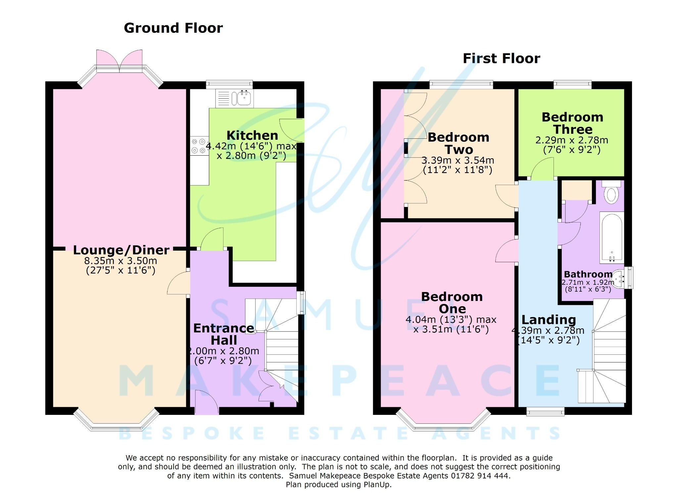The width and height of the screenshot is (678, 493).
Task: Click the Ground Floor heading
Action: [173, 28]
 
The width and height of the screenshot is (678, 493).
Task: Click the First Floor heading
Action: [501, 59]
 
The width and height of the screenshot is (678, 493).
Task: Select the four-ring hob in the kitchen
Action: [199, 146]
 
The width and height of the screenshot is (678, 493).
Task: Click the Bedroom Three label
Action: [572, 123]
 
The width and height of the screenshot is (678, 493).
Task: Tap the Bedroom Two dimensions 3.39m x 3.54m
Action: [458, 161]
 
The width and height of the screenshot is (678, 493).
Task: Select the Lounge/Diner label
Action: [121, 250]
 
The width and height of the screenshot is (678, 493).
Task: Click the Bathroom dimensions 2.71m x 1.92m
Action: [587, 282]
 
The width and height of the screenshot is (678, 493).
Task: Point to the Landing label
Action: [549, 320]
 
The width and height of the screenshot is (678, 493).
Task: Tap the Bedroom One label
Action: [452, 303]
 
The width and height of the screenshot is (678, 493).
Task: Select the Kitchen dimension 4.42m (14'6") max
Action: [251, 146]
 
